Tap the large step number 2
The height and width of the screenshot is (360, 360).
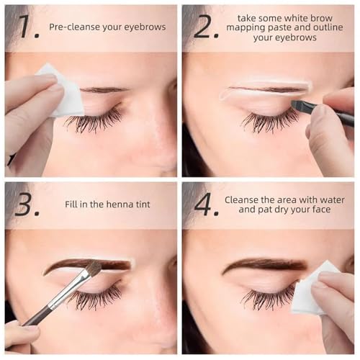point(206,27)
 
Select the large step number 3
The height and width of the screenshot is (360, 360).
point(27,204)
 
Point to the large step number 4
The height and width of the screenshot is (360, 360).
point(207,204)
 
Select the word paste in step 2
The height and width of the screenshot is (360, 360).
point(279,28)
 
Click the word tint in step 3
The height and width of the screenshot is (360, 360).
point(143,204)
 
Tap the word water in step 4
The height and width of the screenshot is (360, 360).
point(332,199)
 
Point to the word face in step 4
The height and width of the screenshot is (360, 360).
point(321,210)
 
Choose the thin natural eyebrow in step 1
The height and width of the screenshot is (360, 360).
point(104,90)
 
